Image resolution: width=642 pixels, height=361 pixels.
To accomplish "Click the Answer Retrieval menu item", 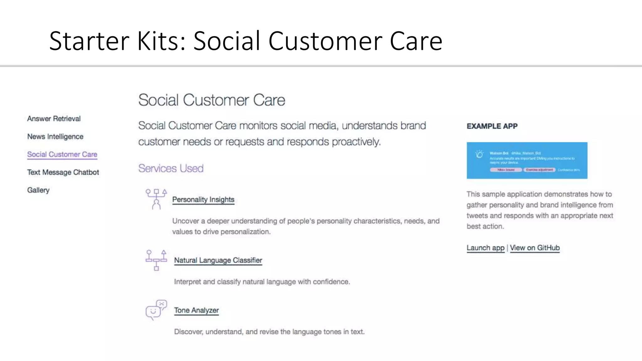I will (x=54, y=119).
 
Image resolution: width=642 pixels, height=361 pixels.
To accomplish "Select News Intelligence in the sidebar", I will (x=55, y=137).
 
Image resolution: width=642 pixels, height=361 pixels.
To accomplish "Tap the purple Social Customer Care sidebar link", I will (x=62, y=154).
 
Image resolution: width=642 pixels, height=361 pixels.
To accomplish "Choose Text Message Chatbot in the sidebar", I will (x=63, y=172).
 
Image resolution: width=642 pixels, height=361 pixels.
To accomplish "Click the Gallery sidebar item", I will (x=38, y=190).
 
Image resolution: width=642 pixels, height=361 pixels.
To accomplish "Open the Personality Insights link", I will (x=203, y=200).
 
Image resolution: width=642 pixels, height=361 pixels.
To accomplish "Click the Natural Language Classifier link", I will (x=218, y=260).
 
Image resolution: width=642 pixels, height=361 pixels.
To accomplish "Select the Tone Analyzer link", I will (x=196, y=310).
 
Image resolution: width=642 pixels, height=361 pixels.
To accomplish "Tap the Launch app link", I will (x=485, y=248).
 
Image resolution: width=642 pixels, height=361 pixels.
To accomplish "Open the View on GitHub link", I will (x=534, y=248).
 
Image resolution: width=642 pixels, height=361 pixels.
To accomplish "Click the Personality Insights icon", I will (x=156, y=199).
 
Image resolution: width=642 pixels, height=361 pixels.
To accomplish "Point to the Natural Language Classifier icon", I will (x=156, y=260).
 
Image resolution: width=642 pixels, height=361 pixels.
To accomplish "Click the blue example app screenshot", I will (x=527, y=160).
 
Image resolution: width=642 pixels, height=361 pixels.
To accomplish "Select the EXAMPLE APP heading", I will (x=492, y=126).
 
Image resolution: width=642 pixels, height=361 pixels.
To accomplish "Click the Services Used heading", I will (x=171, y=169).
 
